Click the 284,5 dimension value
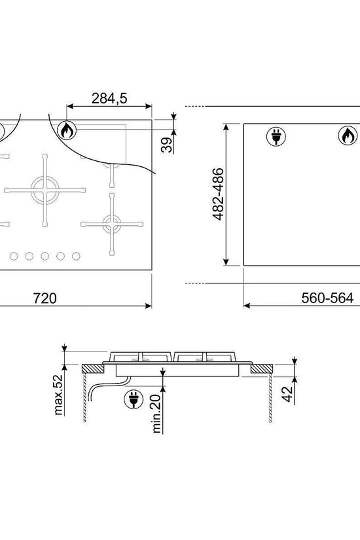(109, 98)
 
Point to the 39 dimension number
(167, 145)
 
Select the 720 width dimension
(45, 298)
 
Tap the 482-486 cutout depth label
(219, 194)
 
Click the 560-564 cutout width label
(327, 298)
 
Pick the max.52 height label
(58, 395)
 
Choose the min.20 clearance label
(156, 413)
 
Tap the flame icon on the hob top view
(67, 130)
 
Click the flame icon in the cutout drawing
(348, 135)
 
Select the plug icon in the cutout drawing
(276, 135)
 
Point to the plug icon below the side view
(134, 399)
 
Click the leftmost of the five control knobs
(14, 256)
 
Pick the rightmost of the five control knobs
(76, 256)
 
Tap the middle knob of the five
(45, 256)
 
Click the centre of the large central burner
(45, 190)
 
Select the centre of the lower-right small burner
(112, 225)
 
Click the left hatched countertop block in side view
(93, 369)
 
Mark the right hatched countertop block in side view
(261, 369)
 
